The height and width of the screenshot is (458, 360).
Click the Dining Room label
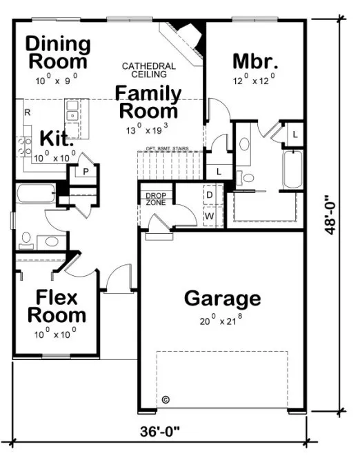tap(58, 52)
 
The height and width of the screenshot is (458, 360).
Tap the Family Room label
tap(148, 101)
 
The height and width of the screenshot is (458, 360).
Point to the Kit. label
tap(57, 138)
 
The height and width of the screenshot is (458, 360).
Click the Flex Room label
tap(57, 307)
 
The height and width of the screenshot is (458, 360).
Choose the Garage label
tap(223, 299)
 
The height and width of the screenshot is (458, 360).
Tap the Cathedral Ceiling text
tap(148, 70)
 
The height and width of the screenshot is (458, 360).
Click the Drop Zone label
tap(155, 199)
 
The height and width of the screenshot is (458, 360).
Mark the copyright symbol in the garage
tap(165, 399)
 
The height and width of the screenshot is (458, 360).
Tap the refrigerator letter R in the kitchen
tap(27, 112)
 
